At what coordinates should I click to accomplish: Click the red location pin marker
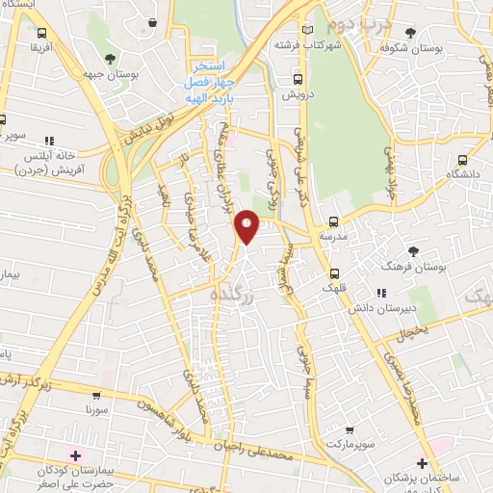247,225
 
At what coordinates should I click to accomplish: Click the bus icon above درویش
297,80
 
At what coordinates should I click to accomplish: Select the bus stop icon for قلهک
334,272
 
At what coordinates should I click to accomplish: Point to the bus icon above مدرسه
334,221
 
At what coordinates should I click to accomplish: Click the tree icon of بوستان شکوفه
411,32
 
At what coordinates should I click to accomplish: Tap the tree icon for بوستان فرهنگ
414,249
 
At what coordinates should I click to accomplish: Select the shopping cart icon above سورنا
96,395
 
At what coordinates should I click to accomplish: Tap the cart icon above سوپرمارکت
350,429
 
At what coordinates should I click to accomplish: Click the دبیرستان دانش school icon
382,293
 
